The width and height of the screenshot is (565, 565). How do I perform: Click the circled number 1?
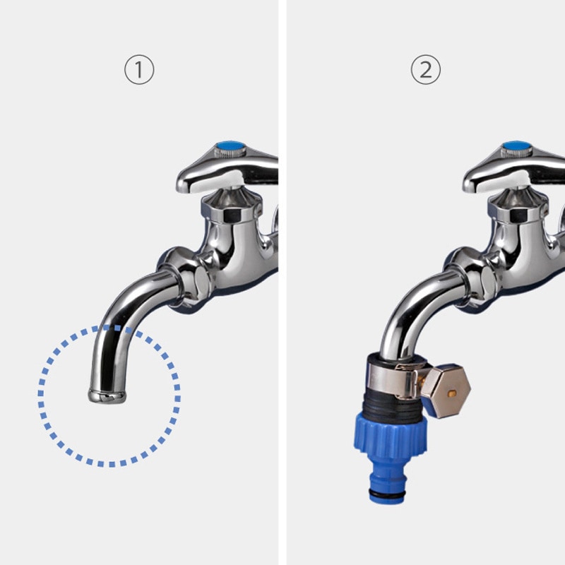click(x=139, y=69)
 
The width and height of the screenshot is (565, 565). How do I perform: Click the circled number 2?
click(x=426, y=69)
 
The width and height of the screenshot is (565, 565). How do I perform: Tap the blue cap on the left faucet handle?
click(x=230, y=147)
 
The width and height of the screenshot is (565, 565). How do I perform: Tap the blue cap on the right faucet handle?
click(x=517, y=147)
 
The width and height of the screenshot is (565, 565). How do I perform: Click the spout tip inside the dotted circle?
click(x=107, y=396)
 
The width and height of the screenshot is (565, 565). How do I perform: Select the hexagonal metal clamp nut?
click(x=446, y=391)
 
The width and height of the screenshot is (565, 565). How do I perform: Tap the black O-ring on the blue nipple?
click(x=387, y=493)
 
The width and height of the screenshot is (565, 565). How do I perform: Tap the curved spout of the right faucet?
click(x=411, y=310)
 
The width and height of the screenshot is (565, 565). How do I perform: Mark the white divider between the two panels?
click(x=282, y=282)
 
